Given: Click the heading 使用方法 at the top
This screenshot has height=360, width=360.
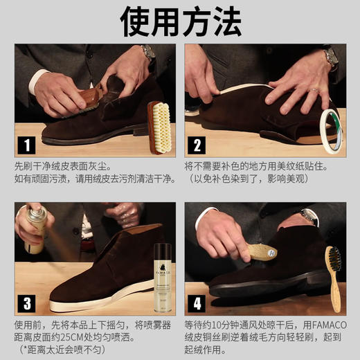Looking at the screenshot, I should pos(180,22).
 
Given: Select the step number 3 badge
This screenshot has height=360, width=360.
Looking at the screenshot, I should pos(27,302).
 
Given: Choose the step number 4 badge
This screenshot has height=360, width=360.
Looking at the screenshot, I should pos(197,302).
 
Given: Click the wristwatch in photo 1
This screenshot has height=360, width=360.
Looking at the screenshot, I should pos(147,52).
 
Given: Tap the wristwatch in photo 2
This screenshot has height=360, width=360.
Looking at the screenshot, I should pos(331,55).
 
